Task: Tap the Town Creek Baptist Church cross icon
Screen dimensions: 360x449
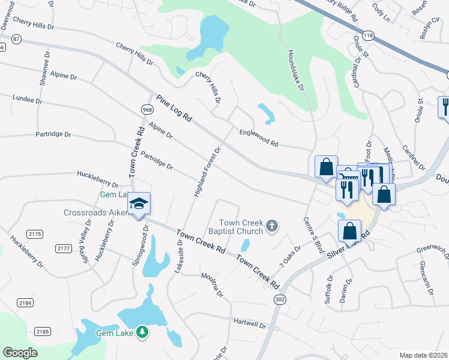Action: pos(272,226)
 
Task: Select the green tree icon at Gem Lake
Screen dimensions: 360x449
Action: pos(142,331)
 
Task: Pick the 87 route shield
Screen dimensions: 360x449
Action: pos(16,39)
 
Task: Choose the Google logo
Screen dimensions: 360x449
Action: pos(20,352)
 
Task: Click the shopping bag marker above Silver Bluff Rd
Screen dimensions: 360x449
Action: pos(349,231)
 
